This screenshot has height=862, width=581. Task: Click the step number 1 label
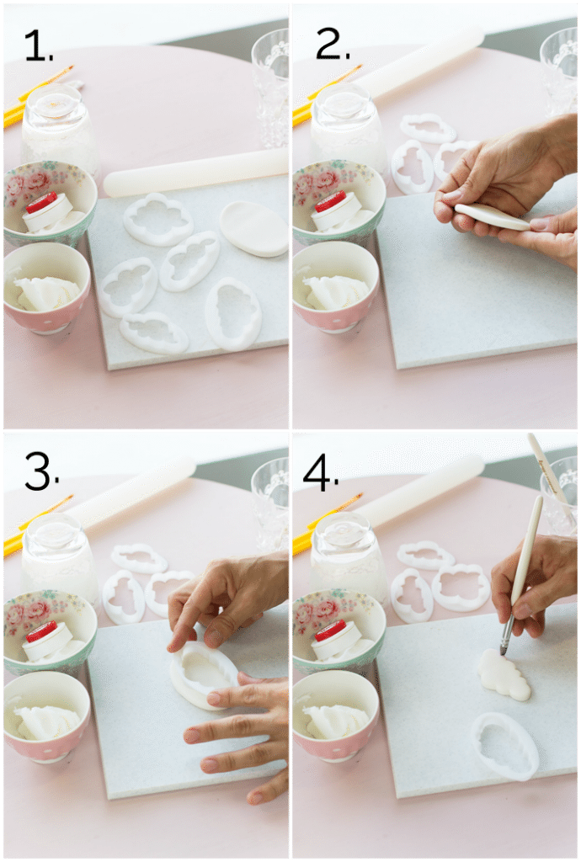pyautogui.click(x=39, y=45)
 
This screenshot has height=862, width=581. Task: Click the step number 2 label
pyautogui.click(x=333, y=44)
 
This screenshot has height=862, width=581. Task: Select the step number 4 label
pyautogui.click(x=321, y=473)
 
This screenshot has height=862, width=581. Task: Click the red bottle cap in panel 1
pyautogui.click(x=41, y=202)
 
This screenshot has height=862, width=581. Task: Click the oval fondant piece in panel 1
pyautogui.click(x=254, y=228)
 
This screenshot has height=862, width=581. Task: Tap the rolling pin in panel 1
pyautogui.click(x=195, y=172)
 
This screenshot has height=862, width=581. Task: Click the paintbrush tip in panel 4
pyautogui.click(x=504, y=651)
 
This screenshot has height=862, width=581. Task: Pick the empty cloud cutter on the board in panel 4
pyautogui.click(x=504, y=745)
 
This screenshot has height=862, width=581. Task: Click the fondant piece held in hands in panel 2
pyautogui.click(x=492, y=216)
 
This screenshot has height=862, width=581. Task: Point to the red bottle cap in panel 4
pyautogui.click(x=331, y=631)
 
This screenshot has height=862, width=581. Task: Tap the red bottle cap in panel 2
pyautogui.click(x=331, y=202)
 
